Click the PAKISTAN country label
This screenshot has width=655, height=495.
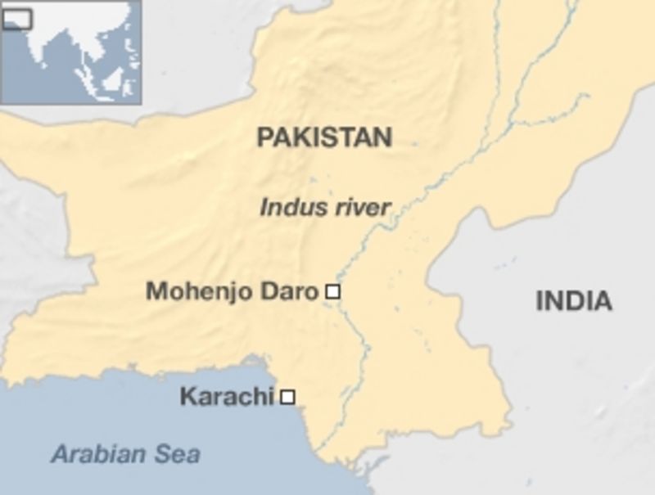click(324, 137)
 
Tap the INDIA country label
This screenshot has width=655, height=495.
click(573, 300)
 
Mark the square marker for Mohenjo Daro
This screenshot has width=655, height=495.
click(332, 290)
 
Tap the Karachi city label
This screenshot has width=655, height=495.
click(226, 397)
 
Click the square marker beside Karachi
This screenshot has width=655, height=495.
click(287, 397)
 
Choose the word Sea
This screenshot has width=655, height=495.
click(179, 453)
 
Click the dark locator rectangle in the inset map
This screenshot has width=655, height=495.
click(16, 18)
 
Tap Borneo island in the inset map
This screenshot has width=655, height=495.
click(113, 79)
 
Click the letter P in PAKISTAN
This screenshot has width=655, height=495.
click(264, 137)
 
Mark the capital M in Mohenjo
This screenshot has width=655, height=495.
click(155, 291)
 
